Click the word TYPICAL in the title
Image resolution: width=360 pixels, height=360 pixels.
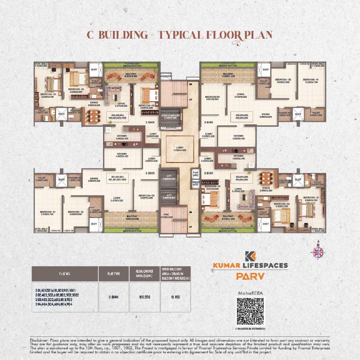click(x=180, y=35)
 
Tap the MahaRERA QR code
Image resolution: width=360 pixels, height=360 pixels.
click(x=250, y=311)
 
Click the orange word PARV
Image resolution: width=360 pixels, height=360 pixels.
click(x=250, y=276)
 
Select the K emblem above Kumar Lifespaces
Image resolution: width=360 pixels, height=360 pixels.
click(x=250, y=256)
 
